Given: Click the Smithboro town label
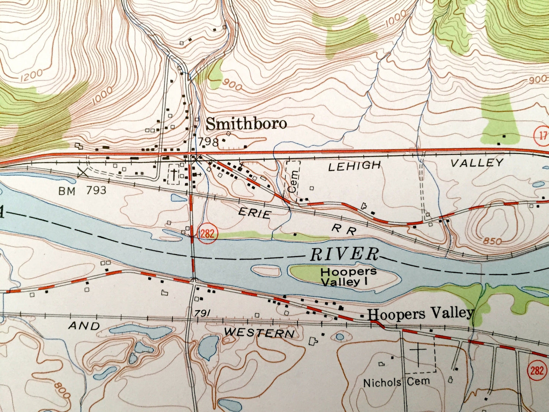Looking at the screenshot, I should [x=246, y=124].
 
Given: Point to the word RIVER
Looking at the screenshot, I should [x=345, y=254].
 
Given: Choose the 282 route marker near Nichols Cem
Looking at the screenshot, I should [x=536, y=370].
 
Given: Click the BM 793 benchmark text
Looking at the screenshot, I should [x=82, y=190].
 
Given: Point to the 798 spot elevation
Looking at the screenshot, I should [x=208, y=142].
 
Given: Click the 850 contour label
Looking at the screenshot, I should [x=494, y=241].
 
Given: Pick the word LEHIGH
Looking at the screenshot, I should [x=354, y=165].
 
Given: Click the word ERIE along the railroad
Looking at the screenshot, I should [x=255, y=213].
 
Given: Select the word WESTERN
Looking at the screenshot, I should [x=259, y=333].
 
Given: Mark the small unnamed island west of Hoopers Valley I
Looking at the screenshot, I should [x=266, y=271].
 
